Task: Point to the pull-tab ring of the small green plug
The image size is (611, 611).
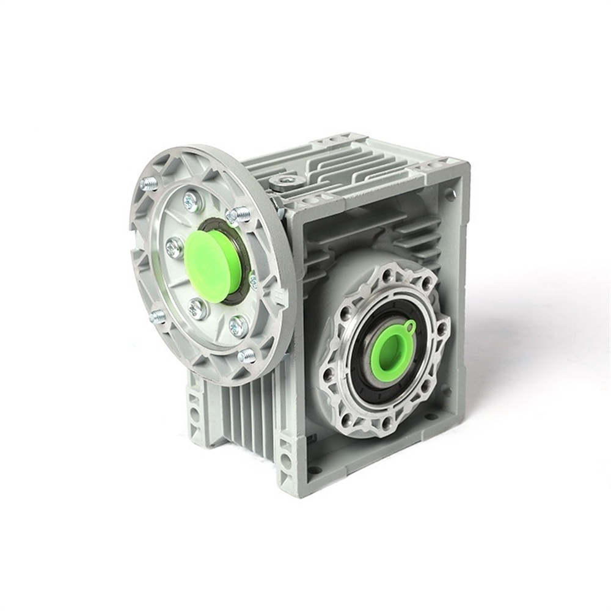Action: tap(411, 325)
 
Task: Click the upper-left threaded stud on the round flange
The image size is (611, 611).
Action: tap(149, 183)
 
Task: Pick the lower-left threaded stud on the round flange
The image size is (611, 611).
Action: tap(158, 316)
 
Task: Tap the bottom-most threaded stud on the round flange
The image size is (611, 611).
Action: tap(246, 356)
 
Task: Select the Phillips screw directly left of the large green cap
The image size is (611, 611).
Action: tap(174, 247)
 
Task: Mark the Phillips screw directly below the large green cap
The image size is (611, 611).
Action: tap(197, 309)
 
